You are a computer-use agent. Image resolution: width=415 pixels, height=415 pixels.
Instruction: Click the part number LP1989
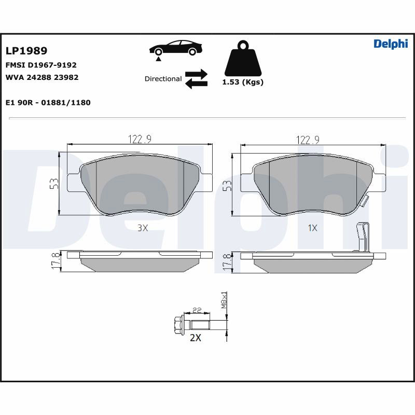pyautogui.click(x=26, y=50)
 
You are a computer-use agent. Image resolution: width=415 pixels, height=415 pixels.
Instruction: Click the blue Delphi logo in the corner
pyautogui.click(x=391, y=44)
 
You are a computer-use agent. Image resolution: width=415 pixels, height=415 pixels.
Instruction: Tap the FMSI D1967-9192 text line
pyautogui.click(x=41, y=65)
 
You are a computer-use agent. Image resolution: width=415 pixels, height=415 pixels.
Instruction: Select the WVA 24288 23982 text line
pyautogui.click(x=42, y=77)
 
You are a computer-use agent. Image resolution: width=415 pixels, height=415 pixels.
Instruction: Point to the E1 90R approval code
pyautogui.click(x=48, y=102)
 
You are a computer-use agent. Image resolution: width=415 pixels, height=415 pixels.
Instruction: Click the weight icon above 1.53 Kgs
pyautogui.click(x=243, y=58)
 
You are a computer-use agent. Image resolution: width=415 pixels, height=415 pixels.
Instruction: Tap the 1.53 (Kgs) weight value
pyautogui.click(x=243, y=82)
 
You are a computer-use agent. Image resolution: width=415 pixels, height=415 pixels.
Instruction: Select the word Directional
pyautogui.click(x=163, y=79)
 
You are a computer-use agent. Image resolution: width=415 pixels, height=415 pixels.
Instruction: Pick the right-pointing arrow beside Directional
pyautogui.click(x=196, y=74)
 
